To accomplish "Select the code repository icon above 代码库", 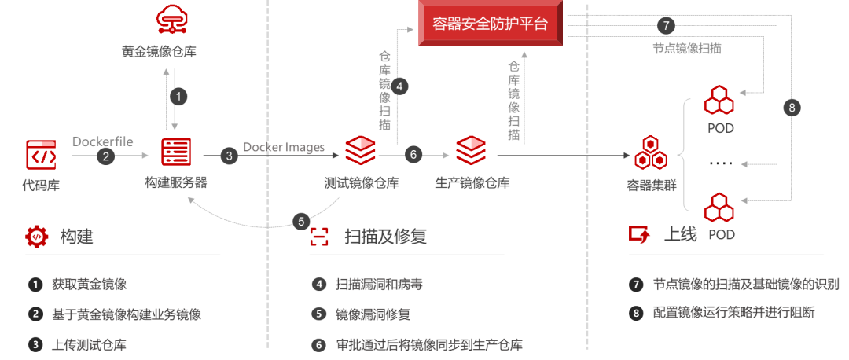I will [x=41, y=155].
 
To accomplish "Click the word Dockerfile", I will [x=103, y=141].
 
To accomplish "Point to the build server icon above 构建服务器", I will [x=176, y=152].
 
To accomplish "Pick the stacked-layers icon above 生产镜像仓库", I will [x=471, y=150].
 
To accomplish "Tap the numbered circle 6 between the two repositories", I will [x=413, y=155].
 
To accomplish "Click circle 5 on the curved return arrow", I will [x=301, y=222].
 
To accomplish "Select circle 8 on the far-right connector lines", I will [x=792, y=108].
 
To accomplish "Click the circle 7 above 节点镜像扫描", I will [x=665, y=24].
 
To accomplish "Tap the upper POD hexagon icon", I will [x=719, y=100].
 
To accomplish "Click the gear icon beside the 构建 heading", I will [x=36, y=236].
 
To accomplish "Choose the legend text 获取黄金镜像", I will [x=90, y=285].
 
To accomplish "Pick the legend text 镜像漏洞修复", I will [x=373, y=314].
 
